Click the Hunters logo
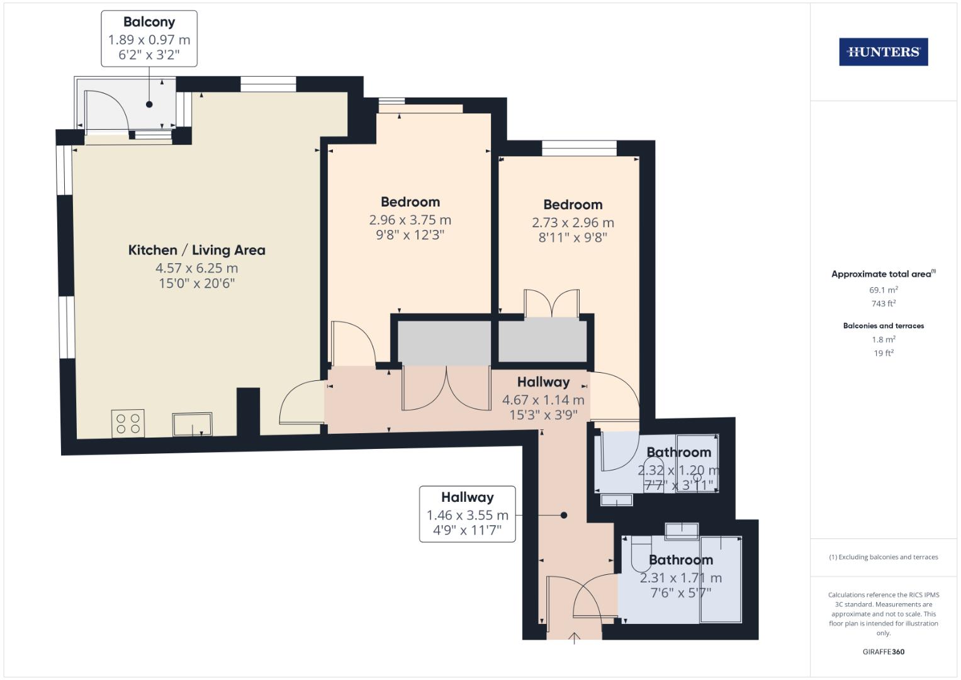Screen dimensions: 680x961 [883, 52]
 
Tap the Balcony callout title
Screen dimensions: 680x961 [149, 22]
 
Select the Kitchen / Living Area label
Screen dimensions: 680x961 [196, 250]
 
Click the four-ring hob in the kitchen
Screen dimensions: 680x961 [128, 423]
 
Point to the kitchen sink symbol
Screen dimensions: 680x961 [193, 424]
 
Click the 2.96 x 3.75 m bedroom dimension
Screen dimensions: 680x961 [410, 220]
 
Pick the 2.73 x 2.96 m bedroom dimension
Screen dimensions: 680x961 [573, 223]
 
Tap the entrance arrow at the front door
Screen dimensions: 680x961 [574, 638]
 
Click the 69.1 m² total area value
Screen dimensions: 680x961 [883, 290]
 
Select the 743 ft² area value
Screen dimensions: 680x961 [883, 303]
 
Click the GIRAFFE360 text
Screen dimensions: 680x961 [883, 652]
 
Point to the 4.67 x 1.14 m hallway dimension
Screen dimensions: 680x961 [543, 400]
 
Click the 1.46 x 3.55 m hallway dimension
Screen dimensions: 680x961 [467, 515]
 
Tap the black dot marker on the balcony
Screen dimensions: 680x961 [149, 105]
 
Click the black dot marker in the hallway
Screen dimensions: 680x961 [564, 515]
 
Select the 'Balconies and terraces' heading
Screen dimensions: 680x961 [883, 326]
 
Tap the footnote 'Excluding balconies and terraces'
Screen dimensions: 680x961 [883, 557]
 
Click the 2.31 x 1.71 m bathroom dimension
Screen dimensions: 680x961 [680, 578]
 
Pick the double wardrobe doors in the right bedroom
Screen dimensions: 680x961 [552, 303]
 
